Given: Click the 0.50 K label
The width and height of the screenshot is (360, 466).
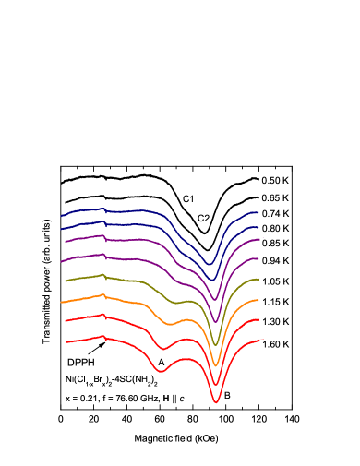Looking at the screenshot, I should click(x=274, y=181).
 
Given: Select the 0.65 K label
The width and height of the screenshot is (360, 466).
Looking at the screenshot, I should click(x=274, y=197).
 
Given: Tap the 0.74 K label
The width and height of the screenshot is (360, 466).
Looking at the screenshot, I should click(x=274, y=214).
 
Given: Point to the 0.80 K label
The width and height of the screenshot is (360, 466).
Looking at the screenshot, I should click(x=274, y=228).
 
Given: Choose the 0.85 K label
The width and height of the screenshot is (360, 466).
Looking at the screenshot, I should click(x=274, y=243).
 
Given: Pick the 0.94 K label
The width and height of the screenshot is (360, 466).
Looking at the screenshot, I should click(x=274, y=260).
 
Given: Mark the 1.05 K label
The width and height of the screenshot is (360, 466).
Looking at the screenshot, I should click(x=274, y=281).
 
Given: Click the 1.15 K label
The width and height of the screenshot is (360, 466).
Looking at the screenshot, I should click(x=274, y=302).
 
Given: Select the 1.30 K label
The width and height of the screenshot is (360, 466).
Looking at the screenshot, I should click(x=274, y=321).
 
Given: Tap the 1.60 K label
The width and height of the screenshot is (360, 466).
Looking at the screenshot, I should click(x=274, y=344).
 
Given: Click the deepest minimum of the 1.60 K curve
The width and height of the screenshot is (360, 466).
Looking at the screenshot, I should click(x=216, y=402).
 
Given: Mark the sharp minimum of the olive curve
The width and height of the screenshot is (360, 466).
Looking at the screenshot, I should click(x=216, y=344).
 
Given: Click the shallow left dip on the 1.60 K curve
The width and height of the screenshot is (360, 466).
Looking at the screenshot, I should click(x=162, y=370).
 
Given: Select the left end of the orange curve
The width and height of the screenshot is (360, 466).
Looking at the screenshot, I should click(x=62, y=302).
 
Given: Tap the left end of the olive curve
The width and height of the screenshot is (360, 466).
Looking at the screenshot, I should click(x=66, y=280).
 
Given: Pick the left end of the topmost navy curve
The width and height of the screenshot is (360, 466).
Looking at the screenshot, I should click(x=62, y=216).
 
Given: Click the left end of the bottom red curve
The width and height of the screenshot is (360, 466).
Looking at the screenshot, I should click(x=66, y=342).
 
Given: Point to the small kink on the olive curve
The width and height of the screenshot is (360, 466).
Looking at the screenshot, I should click(x=104, y=275).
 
